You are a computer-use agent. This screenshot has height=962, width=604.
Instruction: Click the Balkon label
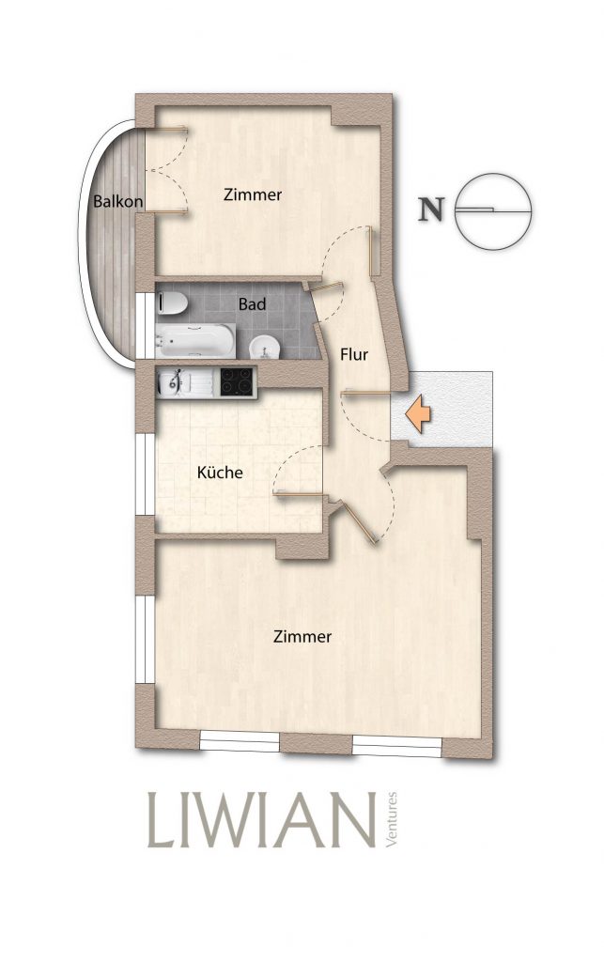pyautogui.click(x=118, y=201)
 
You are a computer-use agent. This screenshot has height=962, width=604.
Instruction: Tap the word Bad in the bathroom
pyautogui.click(x=252, y=303)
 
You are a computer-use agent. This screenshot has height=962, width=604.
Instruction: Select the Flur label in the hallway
pyautogui.click(x=354, y=354)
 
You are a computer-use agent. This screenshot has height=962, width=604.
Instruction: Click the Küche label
pyautogui.click(x=220, y=473)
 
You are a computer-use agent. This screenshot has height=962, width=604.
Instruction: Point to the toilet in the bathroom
pyautogui.click(x=172, y=303)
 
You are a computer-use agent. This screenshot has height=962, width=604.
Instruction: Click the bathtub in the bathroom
pyautogui.click(x=195, y=340)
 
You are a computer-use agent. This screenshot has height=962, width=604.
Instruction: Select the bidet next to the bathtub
pyautogui.click(x=265, y=348)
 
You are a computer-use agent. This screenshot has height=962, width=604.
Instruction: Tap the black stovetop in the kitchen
pyautogui.click(x=238, y=381)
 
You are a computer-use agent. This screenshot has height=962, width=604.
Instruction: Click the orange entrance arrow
pyautogui.click(x=419, y=413)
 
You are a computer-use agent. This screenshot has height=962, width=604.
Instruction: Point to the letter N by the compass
pyautogui.click(x=430, y=209)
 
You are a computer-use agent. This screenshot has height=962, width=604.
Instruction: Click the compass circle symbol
pyautogui.click(x=492, y=211)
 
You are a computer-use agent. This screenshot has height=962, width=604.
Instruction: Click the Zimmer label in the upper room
pyautogui.click(x=253, y=195)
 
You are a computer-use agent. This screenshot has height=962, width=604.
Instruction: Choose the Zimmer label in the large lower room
pyautogui.click(x=302, y=637)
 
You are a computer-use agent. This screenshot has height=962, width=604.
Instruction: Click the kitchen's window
pyautogui.click(x=146, y=474)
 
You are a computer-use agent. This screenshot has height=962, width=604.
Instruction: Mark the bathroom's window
pyautogui.click(x=146, y=325)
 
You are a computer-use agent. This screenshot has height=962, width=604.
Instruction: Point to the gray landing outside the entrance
pyautogui.click(x=442, y=408)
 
